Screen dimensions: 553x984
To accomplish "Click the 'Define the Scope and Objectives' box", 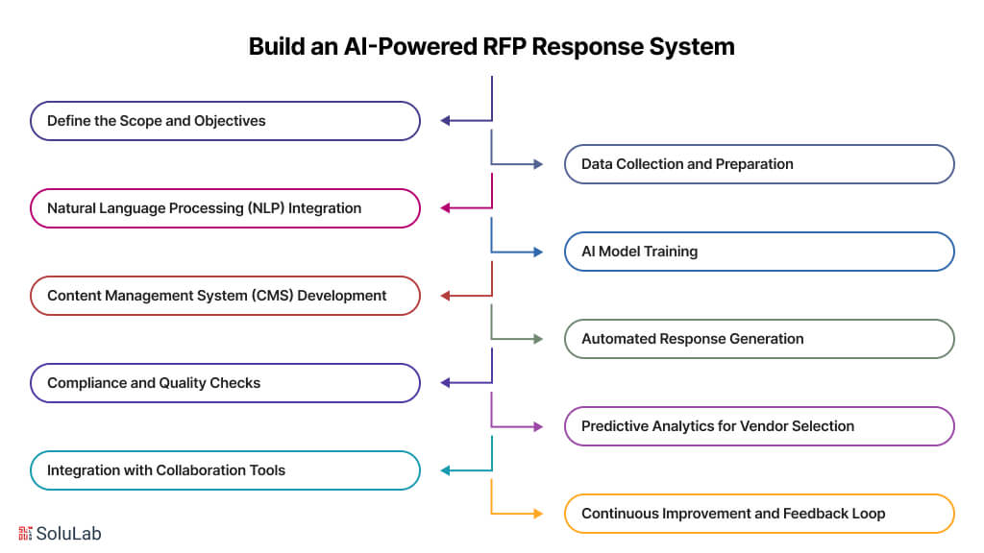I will point(225,121).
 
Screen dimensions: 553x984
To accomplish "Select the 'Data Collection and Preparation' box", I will point(758,164).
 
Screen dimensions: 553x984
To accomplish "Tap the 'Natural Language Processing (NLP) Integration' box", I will point(225,208).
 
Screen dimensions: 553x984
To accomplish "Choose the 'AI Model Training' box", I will point(758,252).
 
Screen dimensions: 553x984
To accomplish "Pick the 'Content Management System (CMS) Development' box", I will point(225,296).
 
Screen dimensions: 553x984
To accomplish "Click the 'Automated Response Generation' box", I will point(758,339).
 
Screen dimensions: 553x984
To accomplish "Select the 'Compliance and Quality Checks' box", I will point(225,383).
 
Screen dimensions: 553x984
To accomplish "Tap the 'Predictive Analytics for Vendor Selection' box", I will point(758,426).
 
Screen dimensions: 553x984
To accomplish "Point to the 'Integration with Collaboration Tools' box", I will point(225,470).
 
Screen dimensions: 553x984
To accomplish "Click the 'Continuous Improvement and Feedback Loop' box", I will point(758,514).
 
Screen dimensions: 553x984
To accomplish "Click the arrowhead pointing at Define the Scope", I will point(446,121).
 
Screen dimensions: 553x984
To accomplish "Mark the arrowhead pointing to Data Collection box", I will point(538,164).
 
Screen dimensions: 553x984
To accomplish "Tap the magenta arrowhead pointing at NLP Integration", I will point(446,208).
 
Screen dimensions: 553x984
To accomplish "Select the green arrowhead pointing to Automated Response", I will point(538,339).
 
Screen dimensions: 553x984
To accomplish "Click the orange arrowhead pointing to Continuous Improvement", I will point(538,514).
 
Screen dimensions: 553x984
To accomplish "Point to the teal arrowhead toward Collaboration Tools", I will point(446,470).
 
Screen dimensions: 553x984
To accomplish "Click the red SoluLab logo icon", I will point(26,533).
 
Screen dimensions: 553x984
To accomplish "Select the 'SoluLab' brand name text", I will point(69,533).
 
